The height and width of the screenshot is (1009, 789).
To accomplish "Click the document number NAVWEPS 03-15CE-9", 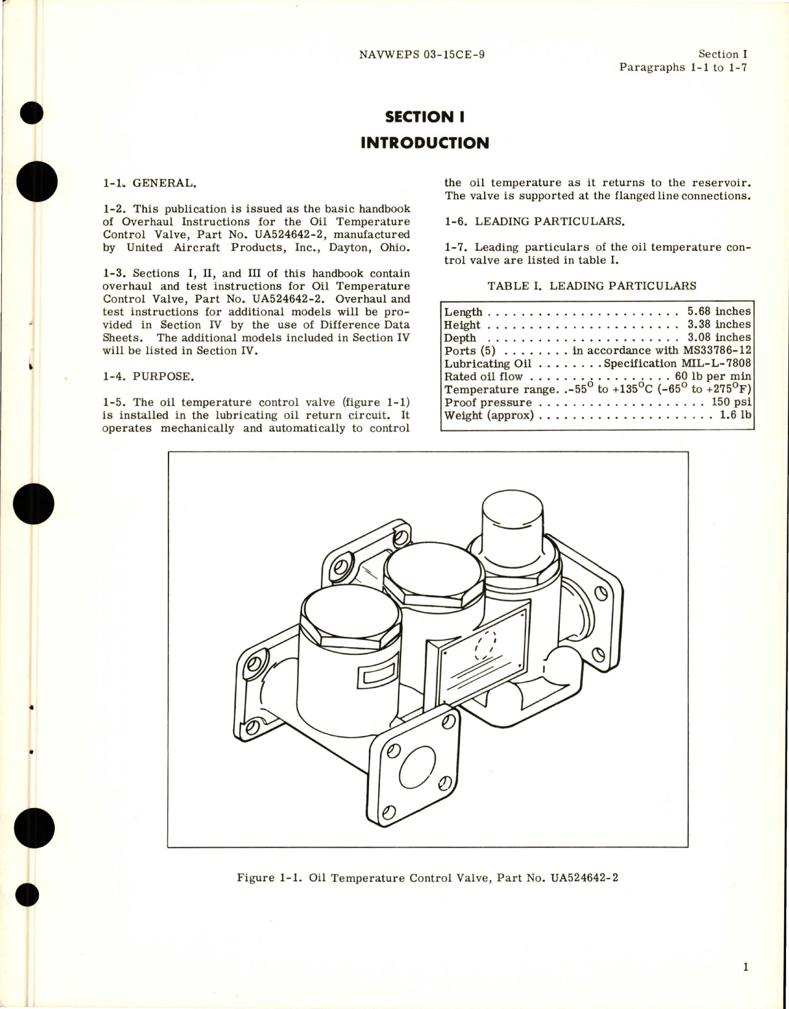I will pyautogui.click(x=421, y=55).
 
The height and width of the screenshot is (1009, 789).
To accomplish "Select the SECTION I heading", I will pyautogui.click(x=424, y=116).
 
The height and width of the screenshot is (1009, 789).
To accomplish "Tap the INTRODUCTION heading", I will pyautogui.click(x=424, y=143).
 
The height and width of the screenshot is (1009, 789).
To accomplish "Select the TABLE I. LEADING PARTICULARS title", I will pyautogui.click(x=592, y=286).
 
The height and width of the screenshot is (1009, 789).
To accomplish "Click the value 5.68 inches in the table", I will pyautogui.click(x=718, y=311).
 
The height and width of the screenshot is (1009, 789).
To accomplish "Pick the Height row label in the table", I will pyautogui.click(x=462, y=325).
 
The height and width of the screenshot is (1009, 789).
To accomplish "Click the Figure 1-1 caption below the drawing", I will pyautogui.click(x=427, y=877).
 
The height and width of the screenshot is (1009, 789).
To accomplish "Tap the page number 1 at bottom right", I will pyautogui.click(x=745, y=967).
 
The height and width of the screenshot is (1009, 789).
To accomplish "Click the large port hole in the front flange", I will pyautogui.click(x=419, y=769).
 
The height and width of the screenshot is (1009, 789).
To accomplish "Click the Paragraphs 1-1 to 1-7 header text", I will pyautogui.click(x=683, y=68).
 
